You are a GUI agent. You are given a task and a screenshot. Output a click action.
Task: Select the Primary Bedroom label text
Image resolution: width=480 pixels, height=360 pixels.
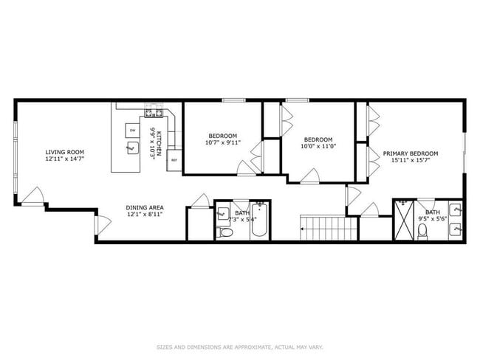(410, 153)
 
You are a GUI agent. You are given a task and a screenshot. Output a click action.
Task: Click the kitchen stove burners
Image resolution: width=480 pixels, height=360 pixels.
(154, 112)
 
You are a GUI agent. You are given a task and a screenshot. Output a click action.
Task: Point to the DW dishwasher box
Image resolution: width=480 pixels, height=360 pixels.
(133, 131)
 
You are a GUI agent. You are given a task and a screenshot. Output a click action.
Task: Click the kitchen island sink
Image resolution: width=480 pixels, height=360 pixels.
(133, 150)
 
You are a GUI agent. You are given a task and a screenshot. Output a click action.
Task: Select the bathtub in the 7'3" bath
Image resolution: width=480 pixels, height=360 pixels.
(258, 221)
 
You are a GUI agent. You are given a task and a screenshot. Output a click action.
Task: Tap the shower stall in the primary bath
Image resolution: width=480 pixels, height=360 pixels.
(404, 219)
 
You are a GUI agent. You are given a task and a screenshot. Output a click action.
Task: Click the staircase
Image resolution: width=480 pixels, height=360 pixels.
(323, 226)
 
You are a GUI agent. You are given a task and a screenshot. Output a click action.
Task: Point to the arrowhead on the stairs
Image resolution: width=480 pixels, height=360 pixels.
(303, 230)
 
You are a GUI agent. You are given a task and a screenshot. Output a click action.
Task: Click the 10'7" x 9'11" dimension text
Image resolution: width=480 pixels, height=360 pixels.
(222, 143)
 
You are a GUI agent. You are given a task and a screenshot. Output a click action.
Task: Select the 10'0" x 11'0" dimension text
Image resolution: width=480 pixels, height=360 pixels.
(318, 146)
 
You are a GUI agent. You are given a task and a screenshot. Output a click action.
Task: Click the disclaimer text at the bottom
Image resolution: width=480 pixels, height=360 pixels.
(239, 346)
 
